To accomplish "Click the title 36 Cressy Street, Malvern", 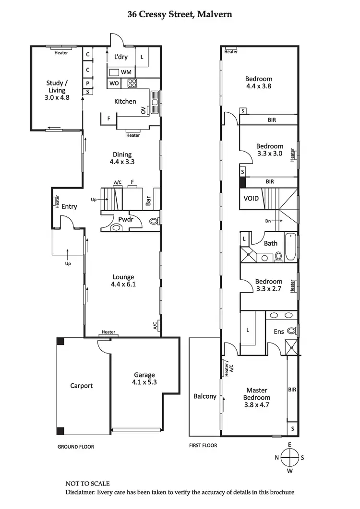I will (180, 14).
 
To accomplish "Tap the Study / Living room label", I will (56, 90).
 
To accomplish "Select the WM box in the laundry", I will (126, 72).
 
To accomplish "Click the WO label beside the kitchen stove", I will (114, 83).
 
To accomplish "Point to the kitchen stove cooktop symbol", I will (132, 83).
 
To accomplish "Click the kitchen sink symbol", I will (155, 101).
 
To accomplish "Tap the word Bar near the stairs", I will (149, 201).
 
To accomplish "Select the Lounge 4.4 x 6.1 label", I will (123, 281).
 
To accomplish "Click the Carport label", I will (81, 386).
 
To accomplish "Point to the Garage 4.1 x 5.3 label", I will (144, 379).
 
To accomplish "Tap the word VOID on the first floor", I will (251, 198).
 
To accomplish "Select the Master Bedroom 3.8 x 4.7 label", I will (257, 394).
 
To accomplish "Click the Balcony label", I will (205, 396).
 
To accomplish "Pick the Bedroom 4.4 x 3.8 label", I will (259, 83).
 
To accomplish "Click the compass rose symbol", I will (289, 457).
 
